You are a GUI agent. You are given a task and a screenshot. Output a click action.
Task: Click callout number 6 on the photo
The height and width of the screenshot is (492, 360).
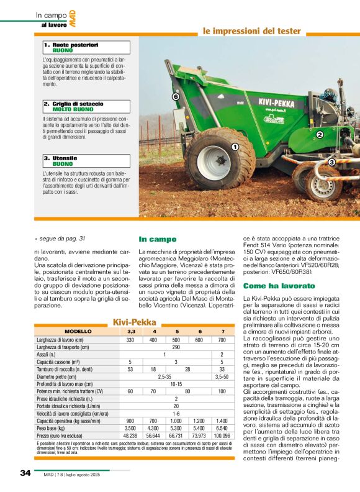point(176,98)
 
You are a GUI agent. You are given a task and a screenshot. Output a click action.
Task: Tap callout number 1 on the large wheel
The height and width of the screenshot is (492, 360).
point(235,147)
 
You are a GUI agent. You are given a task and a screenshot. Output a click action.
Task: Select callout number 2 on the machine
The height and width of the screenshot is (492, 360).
point(320,134)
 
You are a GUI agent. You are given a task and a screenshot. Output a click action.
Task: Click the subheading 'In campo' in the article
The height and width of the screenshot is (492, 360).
point(157,239)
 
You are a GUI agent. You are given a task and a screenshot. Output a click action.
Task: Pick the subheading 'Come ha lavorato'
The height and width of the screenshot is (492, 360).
point(271,285)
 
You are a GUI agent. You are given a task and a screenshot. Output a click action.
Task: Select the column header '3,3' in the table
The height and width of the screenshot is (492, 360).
point(130,332)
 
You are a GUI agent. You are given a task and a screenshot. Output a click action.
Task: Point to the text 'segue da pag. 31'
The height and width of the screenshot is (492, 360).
point(63,239)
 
